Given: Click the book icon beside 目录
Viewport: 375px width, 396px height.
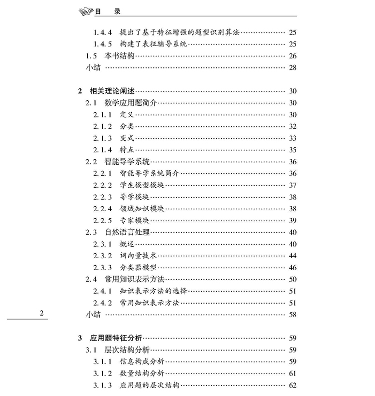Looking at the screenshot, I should click(86, 10).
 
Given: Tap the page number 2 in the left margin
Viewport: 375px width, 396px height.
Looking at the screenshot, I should click(41, 314).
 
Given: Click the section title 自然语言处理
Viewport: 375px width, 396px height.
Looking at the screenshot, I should click(127, 232).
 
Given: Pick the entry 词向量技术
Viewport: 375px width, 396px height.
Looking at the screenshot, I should click(138, 255).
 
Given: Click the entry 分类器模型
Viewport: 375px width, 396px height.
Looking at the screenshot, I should click(138, 267).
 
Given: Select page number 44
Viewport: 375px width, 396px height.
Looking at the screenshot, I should click(292, 255).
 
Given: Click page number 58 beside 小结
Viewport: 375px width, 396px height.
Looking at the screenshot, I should click(292, 314).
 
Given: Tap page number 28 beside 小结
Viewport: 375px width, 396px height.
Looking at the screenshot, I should click(292, 67).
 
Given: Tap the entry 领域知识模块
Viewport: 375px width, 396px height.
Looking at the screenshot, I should click(142, 208).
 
